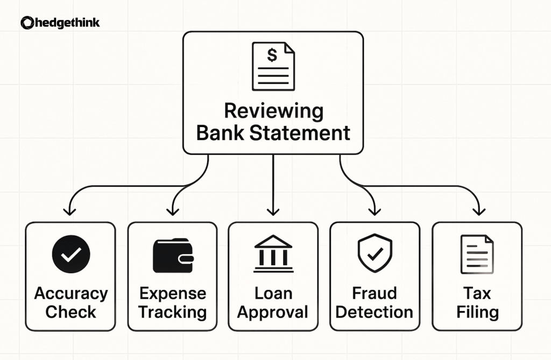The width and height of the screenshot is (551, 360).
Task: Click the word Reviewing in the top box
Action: coord(273,112)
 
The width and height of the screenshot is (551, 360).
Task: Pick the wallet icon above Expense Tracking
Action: coord(172,255)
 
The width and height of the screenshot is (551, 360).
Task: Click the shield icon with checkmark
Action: coord(375,253)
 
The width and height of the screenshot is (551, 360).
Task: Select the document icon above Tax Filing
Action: coord(477,255)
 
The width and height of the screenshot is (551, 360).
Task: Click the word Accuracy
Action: coord(70,293)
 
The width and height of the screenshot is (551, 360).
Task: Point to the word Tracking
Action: coord(172,312)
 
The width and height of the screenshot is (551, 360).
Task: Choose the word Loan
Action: coord(273,293)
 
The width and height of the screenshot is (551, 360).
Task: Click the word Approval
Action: coord(273,312)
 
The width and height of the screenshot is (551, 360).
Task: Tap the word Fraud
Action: coord(375,293)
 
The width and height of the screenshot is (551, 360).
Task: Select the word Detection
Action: coord(375,312)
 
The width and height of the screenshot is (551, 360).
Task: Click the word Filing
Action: coord(477,312)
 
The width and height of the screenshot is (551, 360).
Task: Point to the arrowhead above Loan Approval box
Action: coord(273,211)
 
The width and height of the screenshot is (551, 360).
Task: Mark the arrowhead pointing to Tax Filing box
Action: coord(477,211)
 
